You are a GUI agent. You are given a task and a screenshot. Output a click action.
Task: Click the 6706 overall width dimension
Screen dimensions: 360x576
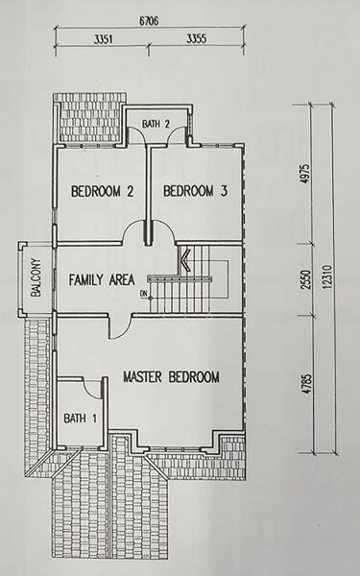click(149, 21)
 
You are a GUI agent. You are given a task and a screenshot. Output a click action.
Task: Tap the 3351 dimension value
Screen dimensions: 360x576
click(104, 39)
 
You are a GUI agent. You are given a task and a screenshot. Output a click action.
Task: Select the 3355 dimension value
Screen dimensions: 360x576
click(197, 38)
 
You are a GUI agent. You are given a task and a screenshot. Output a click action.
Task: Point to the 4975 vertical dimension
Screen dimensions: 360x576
click(306, 174)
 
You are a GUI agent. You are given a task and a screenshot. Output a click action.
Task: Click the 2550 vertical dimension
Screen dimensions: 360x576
click(306, 280)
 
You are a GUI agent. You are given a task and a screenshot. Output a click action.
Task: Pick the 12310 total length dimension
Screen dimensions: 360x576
click(328, 277)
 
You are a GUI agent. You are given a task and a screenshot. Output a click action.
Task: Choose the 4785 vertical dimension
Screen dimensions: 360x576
click(307, 384)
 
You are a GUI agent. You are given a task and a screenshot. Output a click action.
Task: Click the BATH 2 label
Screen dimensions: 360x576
click(156, 124)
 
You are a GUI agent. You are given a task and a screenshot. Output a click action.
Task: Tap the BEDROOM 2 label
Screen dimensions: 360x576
click(102, 191)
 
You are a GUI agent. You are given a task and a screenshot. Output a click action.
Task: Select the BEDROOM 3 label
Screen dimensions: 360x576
click(195, 191)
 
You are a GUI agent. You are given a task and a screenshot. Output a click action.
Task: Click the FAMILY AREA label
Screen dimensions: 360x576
click(102, 280)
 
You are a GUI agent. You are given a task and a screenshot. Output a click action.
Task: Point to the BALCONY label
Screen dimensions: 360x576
click(36, 278)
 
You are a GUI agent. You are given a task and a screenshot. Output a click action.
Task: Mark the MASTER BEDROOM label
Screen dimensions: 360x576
click(172, 377)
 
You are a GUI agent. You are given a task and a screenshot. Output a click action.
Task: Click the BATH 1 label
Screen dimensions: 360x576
click(80, 418)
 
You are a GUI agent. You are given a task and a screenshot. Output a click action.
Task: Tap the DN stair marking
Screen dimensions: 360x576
click(143, 293)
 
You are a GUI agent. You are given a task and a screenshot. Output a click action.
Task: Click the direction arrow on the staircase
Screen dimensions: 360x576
click(184, 259)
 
